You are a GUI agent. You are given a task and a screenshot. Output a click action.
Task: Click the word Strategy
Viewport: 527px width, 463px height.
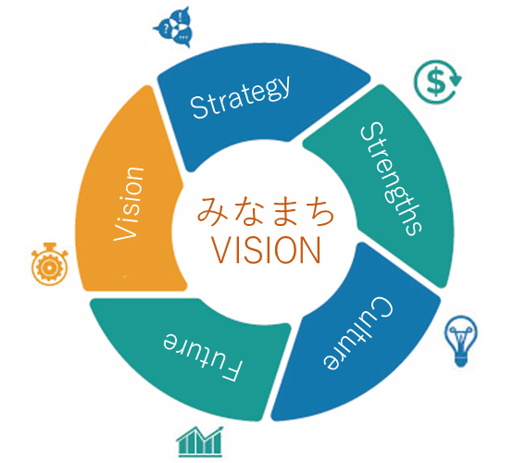click(x=240, y=96)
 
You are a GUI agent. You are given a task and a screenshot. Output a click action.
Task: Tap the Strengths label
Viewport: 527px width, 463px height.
click(x=391, y=179)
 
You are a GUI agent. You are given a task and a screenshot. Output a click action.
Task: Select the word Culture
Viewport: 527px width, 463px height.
click(x=358, y=333)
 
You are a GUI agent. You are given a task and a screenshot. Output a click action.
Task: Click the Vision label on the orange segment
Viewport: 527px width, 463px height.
click(x=129, y=204)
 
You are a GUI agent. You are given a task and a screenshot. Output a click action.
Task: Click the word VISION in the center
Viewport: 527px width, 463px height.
click(x=266, y=250)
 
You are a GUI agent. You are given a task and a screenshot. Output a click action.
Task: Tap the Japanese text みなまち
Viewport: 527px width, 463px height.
click(x=266, y=211)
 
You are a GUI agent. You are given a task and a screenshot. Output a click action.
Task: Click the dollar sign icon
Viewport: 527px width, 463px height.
click(x=437, y=81)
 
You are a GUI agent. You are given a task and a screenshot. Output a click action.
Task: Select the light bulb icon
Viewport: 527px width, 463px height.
click(x=461, y=341)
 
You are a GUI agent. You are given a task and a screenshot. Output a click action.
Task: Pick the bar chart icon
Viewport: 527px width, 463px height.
click(x=200, y=442)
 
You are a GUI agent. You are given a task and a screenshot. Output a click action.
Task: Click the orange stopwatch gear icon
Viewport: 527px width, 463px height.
click(x=49, y=264)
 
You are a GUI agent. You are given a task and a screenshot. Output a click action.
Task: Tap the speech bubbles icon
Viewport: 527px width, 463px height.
click(x=175, y=28)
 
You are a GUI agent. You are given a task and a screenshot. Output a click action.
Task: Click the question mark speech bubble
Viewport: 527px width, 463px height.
click(x=165, y=29)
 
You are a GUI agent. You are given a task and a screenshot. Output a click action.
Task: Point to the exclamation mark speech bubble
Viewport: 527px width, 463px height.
click(x=181, y=16)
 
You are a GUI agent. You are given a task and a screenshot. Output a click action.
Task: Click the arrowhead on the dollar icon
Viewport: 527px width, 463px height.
click(x=456, y=80)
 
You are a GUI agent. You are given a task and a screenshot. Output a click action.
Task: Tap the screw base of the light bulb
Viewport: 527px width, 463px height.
click(x=461, y=361)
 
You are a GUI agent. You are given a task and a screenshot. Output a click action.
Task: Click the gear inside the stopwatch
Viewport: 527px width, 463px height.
click(x=49, y=268)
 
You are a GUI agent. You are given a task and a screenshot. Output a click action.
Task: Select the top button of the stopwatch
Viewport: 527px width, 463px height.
click(x=49, y=245)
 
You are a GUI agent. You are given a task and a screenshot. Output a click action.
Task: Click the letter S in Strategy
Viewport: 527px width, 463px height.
click(x=198, y=107)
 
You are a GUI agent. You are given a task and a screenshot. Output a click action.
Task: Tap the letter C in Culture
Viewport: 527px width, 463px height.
click(x=382, y=307)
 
